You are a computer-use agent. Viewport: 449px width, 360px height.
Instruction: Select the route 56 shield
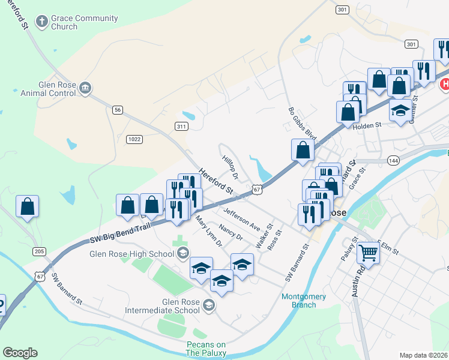point(118,109)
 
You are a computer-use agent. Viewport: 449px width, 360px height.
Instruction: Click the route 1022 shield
point(134,139)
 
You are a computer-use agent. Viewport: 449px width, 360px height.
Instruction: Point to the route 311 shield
point(181,126)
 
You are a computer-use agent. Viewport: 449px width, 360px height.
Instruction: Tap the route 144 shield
point(393,161)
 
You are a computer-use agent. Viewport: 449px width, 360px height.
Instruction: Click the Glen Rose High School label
point(131,253)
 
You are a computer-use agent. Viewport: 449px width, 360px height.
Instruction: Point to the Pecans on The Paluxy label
point(206,349)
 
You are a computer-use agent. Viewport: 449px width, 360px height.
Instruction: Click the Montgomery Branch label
point(304,301)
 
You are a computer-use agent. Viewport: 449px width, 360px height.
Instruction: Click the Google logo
point(20,353)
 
